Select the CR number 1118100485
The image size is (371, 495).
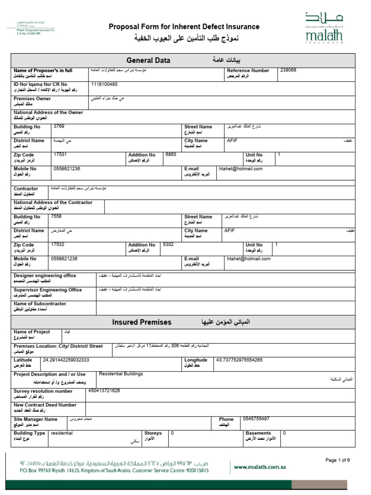pos(104,84)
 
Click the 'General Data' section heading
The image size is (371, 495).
pos(148,60)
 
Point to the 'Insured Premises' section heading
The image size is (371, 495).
pos(142,322)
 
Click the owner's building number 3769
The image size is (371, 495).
pos(59,126)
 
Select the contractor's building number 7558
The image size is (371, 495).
pos(57,217)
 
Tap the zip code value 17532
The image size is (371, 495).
pos(57,245)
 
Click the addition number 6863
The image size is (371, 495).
pos(171,154)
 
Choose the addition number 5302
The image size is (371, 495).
pos(168,245)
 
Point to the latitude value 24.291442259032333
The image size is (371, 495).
pos(66,360)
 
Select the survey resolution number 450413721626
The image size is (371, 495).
pos(104,390)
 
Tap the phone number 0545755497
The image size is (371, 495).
pos(257,419)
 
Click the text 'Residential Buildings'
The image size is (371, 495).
pos(121,374)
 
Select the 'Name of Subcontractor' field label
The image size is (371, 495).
pos(40,304)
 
